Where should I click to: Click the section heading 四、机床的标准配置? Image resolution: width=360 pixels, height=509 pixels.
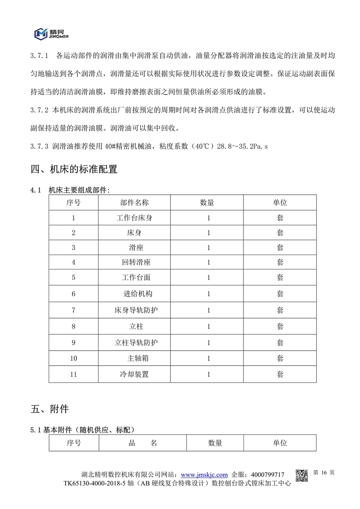click(x=74, y=170)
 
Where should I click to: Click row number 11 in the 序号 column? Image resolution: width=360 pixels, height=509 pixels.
click(x=74, y=374)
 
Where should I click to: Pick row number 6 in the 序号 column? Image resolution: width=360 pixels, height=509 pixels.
click(x=74, y=294)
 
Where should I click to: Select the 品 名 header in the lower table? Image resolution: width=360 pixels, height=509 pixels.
click(x=143, y=443)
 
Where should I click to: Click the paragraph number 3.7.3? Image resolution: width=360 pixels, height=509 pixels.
click(x=39, y=146)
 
